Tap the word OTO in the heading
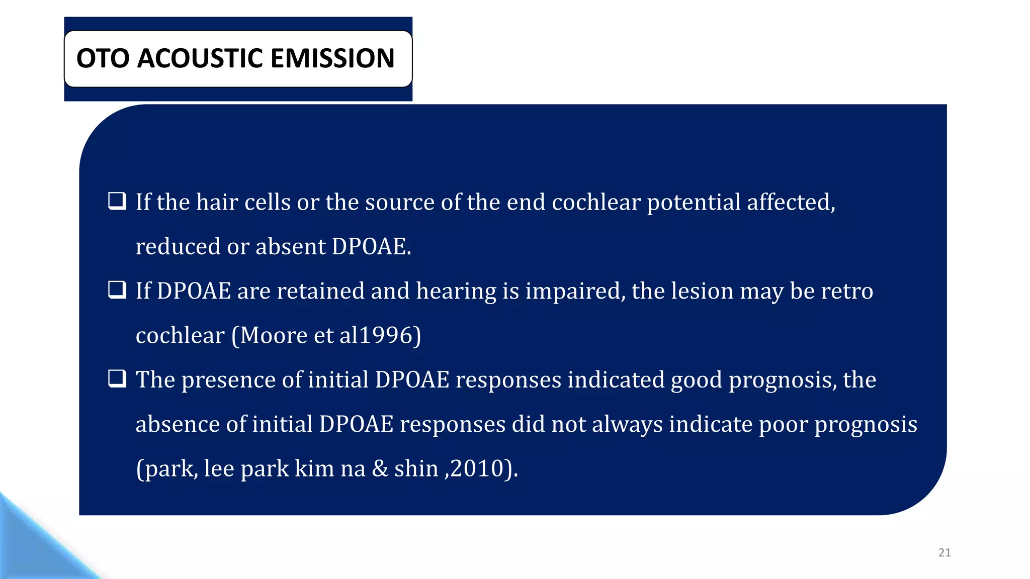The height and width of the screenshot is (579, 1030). (x=103, y=58)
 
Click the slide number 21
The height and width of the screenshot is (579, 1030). (x=945, y=553)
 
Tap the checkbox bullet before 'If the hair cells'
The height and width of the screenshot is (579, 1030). (x=117, y=201)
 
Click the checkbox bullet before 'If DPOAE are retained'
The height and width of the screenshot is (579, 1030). (x=117, y=290)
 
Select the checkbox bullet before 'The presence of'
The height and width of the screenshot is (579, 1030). (x=117, y=378)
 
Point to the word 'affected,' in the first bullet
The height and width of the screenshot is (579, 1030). (x=791, y=202)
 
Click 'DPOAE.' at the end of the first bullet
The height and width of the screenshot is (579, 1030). (x=371, y=247)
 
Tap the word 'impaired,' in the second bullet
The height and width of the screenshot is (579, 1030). (x=575, y=292)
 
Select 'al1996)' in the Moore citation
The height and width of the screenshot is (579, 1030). (x=380, y=335)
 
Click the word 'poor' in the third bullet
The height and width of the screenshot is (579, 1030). (x=783, y=425)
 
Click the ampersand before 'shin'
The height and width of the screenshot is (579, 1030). (x=380, y=469)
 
